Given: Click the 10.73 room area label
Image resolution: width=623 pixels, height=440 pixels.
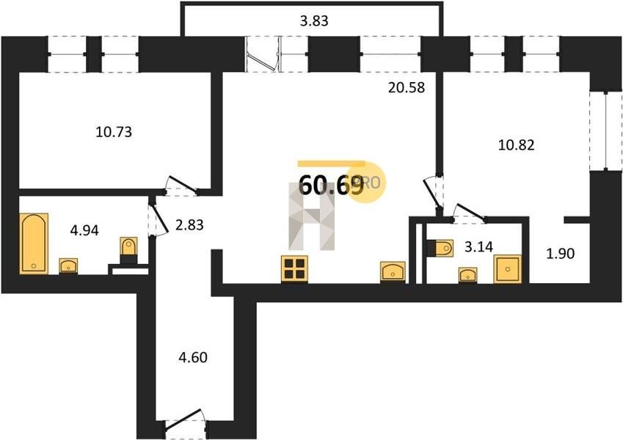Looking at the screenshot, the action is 114,131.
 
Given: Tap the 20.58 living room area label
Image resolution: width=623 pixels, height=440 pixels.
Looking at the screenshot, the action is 407,87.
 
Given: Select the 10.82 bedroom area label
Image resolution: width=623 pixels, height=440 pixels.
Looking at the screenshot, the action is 516,145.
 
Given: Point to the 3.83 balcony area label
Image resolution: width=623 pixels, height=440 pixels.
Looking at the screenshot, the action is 314,21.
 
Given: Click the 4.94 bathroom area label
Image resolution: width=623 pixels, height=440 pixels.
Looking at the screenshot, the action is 84,230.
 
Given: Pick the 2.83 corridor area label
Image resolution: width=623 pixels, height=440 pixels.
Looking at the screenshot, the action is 189,224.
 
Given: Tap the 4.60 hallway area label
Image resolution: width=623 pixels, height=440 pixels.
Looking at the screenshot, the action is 193,357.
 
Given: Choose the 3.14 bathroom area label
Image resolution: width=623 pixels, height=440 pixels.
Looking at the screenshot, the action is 478,246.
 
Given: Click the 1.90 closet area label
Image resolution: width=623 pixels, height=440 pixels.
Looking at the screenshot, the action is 560,253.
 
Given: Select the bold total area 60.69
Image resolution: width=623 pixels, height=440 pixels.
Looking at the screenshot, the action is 330,185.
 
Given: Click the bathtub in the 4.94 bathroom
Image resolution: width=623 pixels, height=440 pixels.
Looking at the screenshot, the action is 34,243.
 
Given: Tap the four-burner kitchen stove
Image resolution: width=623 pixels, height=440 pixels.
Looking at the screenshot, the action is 294,269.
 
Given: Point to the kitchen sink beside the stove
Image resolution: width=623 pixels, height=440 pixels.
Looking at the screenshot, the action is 393,271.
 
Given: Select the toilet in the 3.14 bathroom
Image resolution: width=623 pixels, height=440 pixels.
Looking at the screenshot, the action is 440,248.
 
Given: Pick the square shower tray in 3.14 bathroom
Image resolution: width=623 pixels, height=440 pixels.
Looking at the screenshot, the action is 507,269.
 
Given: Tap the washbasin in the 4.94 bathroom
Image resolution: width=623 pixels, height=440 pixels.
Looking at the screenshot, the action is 68,265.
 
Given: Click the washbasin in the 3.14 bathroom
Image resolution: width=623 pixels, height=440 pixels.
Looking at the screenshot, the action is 467,275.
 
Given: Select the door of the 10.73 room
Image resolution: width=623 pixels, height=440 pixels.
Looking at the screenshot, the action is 182,186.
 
